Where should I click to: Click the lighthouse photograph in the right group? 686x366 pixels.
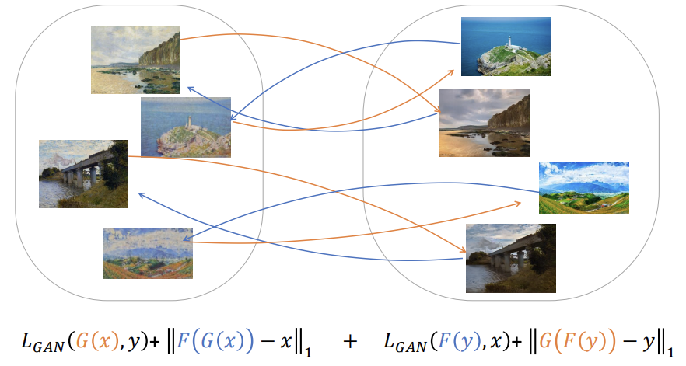506,47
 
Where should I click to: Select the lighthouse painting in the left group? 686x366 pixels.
186,127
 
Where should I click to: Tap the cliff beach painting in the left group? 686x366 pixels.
136,60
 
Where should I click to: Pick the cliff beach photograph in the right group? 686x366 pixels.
485,120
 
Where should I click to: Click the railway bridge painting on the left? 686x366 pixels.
83,174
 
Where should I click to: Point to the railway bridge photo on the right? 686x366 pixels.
510,258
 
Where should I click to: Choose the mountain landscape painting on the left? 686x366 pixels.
147,253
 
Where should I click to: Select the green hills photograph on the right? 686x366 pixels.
583,188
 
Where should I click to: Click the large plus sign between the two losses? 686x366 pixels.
351,340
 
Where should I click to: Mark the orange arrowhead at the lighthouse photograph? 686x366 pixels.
456,70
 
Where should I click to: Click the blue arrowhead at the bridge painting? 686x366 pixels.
138,193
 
